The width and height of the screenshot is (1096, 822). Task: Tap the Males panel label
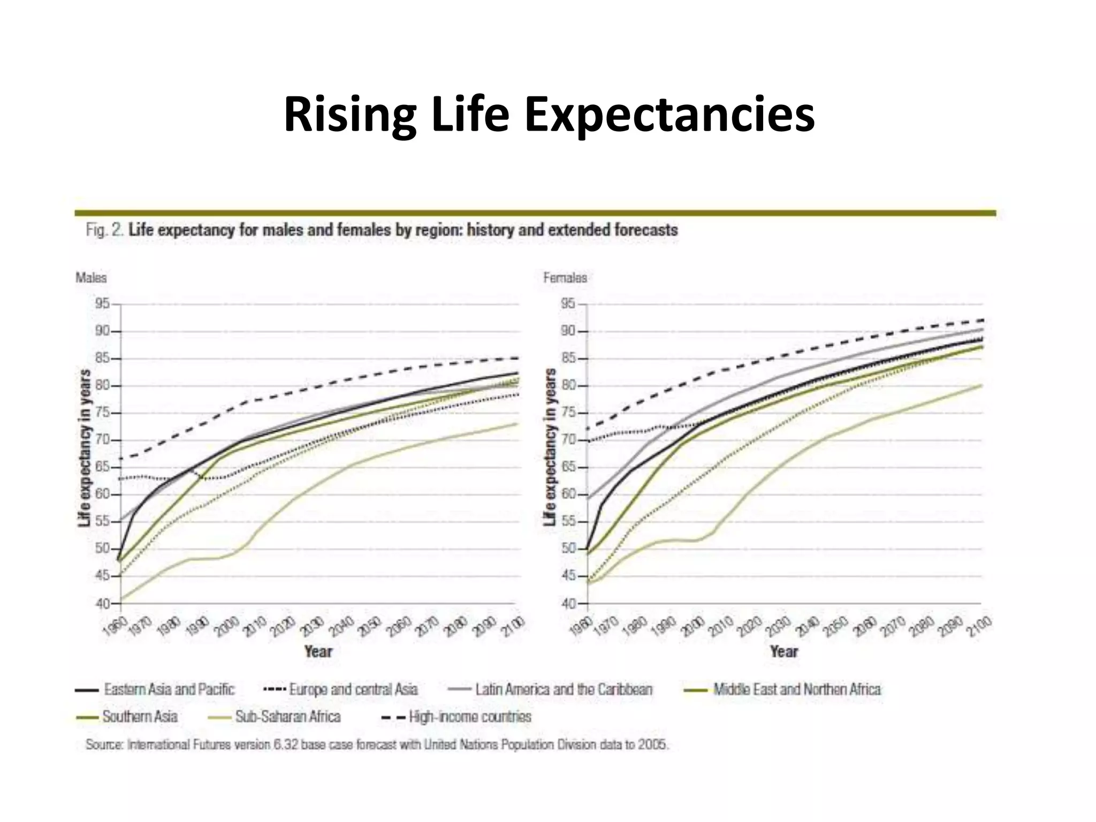tap(91, 278)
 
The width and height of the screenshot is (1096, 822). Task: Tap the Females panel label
tap(565, 278)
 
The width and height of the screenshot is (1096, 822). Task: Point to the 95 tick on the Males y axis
tap(102, 304)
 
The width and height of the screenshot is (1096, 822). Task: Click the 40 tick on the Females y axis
tap(568, 604)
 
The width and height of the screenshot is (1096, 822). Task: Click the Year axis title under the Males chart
tap(318, 651)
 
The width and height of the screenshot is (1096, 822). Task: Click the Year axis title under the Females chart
tap(784, 651)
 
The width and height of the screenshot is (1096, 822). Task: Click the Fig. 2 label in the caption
tap(105, 231)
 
